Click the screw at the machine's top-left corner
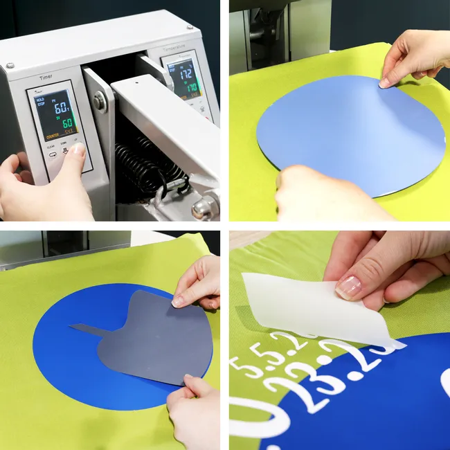tap(10, 65)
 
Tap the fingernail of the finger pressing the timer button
tap(78, 149)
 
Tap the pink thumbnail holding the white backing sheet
tap(349, 285)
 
